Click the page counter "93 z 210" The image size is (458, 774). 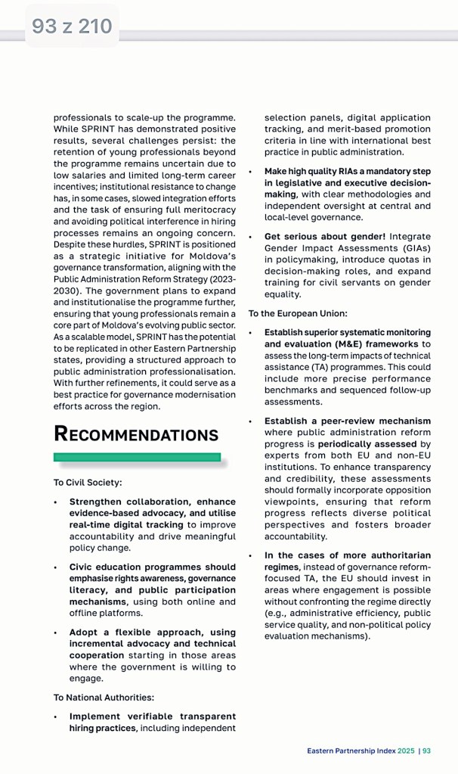[72, 27]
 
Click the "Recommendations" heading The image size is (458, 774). [136, 434]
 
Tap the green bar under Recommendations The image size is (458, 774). [137, 457]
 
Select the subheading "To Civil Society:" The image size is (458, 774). [87, 482]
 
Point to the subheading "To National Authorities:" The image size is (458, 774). [104, 697]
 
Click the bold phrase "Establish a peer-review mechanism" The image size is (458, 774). [348, 421]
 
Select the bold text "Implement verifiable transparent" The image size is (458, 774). [153, 716]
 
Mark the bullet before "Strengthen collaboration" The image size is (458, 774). [55, 502]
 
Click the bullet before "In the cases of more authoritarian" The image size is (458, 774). [251, 556]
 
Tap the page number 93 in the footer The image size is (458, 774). [427, 751]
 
